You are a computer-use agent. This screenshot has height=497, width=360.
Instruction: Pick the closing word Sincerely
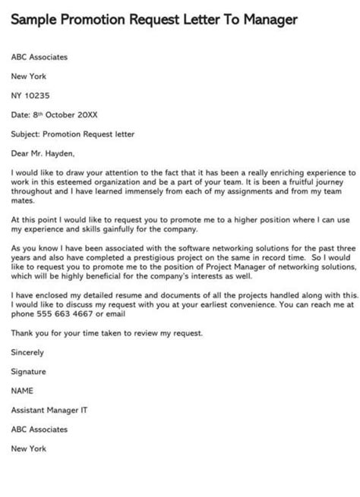[x=28, y=353]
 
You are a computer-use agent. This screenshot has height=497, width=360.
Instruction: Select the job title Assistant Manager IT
[x=49, y=410]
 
